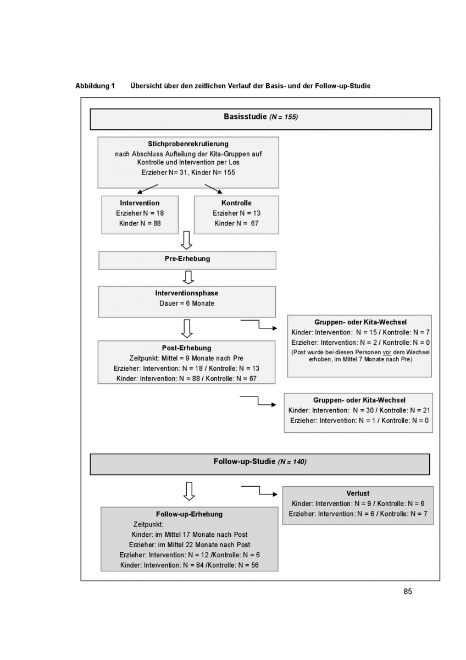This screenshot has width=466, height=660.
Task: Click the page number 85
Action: point(407,591)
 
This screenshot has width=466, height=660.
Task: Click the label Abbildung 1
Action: point(95,86)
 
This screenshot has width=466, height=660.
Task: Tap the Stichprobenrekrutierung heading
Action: point(188,144)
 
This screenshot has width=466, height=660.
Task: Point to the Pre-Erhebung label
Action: point(187,258)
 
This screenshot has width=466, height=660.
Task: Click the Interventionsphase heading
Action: point(187,293)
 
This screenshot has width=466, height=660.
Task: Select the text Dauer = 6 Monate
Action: point(187,304)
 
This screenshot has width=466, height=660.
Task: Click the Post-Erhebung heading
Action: point(187,348)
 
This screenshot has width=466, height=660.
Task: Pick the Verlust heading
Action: point(358,493)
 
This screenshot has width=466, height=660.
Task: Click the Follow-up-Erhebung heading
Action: point(189,514)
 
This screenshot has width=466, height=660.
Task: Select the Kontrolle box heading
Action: point(236,203)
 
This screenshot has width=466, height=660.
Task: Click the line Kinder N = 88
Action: point(140,223)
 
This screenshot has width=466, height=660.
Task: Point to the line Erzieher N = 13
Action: point(237,213)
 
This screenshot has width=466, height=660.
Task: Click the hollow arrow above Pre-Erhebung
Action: point(186,240)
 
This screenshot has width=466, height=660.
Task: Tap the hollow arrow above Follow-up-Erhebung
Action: point(189,491)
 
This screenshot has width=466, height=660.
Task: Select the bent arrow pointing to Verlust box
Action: point(259,490)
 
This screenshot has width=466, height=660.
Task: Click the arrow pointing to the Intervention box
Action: point(147,189)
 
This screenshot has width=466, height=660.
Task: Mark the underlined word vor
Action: point(387,353)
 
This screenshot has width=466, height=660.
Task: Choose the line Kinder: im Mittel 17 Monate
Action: point(189,535)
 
